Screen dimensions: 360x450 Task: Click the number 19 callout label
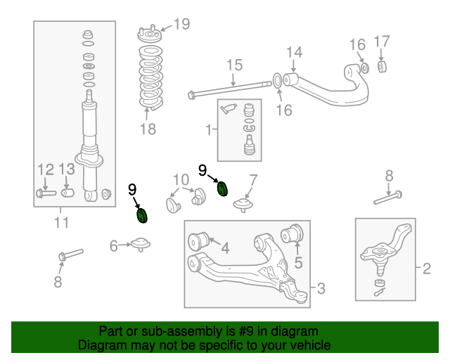tap(181, 25)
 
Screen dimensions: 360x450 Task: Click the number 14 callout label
tap(294, 51)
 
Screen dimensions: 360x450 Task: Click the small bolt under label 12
tap(44, 193)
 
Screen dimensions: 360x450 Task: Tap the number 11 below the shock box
tap(62, 224)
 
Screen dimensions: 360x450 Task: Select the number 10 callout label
tap(181, 179)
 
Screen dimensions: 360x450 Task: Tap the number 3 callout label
tap(321, 288)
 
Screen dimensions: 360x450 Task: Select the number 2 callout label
tap(426, 268)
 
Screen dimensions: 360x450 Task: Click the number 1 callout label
tap(209, 129)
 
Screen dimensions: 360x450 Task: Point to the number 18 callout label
tap(148, 129)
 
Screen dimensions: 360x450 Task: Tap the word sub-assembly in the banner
tap(164, 331)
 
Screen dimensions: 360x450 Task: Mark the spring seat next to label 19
tap(149, 35)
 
